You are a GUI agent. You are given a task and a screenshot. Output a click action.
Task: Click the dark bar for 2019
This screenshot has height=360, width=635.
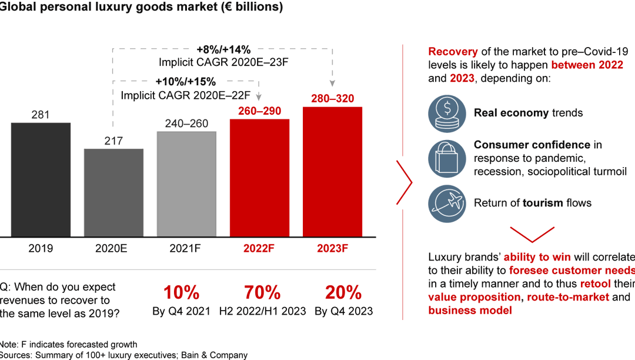pos(41,179)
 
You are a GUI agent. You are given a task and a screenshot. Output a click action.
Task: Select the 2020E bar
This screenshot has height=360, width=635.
pos(113,192)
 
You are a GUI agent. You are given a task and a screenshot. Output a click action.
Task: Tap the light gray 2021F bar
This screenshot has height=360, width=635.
pos(186,184)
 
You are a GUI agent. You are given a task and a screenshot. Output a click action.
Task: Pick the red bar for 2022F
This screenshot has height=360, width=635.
pos(259,178)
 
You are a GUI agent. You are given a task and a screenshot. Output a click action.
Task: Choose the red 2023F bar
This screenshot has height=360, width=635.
pos(332,172)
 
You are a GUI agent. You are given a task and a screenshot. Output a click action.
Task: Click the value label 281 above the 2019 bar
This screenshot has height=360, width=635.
pos(41,115)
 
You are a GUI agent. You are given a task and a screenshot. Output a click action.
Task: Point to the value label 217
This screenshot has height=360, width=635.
pos(113,141)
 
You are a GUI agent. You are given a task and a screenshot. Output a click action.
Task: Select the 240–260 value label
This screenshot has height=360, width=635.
pos(186,123)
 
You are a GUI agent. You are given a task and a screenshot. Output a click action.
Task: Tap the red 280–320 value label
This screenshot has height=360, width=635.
pos(332,98)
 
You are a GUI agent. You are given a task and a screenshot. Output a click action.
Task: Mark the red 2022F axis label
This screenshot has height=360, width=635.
pos(259,248)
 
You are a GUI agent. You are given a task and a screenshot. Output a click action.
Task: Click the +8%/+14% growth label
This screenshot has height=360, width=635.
pos(223,50)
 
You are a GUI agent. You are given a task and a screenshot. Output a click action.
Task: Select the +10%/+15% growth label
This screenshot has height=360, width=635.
pos(186,82)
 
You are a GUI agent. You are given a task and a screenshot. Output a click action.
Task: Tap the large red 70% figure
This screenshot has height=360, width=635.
pos(263,292)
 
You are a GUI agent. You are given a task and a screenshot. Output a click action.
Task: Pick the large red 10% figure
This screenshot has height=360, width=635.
pos(182,292)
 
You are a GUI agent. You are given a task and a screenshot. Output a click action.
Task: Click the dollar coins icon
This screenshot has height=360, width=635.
pos(446,112)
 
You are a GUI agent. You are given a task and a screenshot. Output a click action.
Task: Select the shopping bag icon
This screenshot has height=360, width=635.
pos(446,158)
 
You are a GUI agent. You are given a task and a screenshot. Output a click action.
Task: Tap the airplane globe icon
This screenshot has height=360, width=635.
pos(446,203)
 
